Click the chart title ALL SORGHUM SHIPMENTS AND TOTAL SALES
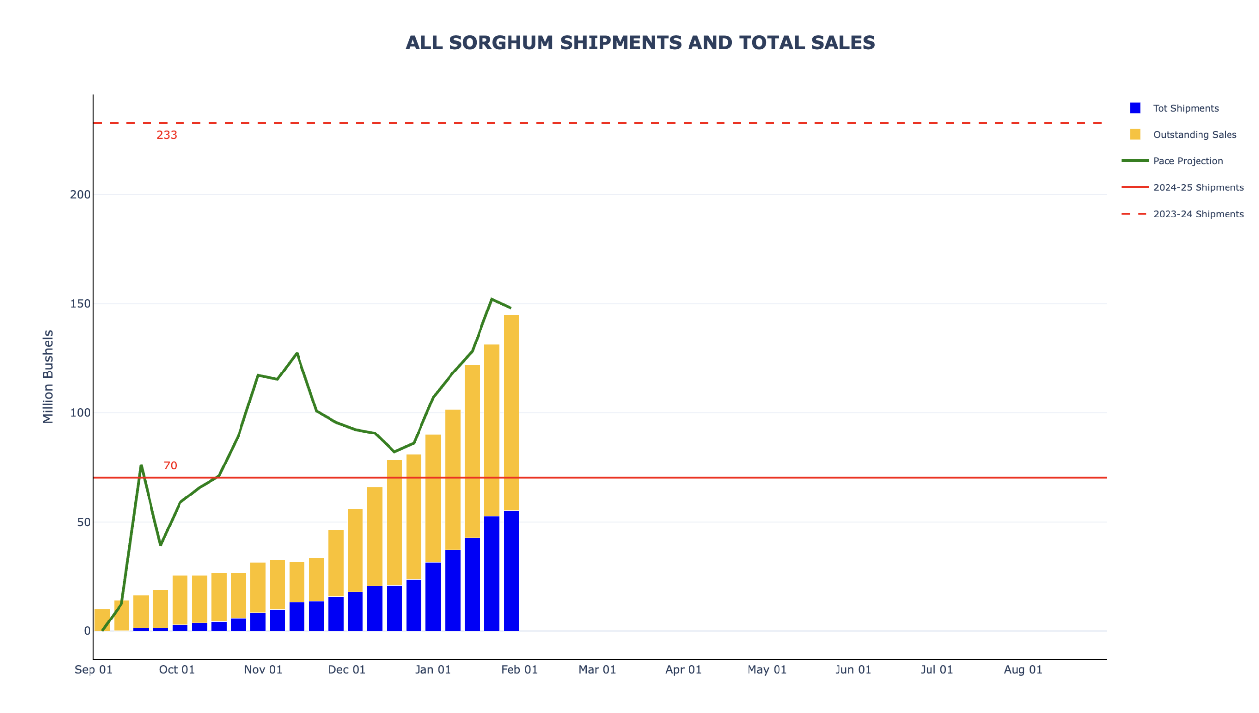tap(640, 43)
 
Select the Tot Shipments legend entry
tap(1185, 108)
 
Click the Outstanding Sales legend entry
tap(1194, 134)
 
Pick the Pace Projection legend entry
tap(1187, 161)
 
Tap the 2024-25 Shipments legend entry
tap(1198, 187)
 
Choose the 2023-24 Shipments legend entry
tap(1198, 214)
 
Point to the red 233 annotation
tap(167, 135)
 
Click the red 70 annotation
tap(170, 465)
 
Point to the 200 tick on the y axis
tap(80, 194)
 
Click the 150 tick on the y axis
tap(80, 303)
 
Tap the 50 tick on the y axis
tap(83, 522)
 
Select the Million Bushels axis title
tap(48, 376)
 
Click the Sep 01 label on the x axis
tap(93, 669)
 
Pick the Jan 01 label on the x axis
tap(432, 669)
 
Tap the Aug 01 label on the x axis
tap(1022, 669)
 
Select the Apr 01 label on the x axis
tap(683, 669)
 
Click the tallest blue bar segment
tap(511, 571)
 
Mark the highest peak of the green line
tap(491, 299)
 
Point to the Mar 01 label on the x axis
tap(597, 669)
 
